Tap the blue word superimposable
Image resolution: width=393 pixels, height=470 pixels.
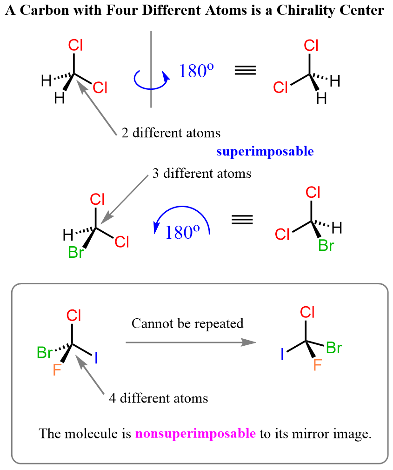(265, 151)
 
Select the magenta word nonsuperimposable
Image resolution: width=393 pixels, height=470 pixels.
(195, 434)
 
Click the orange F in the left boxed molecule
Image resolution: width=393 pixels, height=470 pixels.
(57, 370)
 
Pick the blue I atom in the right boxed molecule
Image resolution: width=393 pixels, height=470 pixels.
(282, 355)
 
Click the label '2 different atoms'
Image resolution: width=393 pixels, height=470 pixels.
(171, 133)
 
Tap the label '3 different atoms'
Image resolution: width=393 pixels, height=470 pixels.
(202, 174)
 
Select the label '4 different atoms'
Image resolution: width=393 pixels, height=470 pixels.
(158, 398)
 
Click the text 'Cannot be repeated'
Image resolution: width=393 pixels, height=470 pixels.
(187, 323)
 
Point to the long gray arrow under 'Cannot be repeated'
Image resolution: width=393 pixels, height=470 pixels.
(191, 342)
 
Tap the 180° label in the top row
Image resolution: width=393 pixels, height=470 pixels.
(196, 70)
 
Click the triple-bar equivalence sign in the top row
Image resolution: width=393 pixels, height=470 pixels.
(245, 71)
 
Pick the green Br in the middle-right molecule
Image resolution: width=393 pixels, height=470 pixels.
(326, 245)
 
